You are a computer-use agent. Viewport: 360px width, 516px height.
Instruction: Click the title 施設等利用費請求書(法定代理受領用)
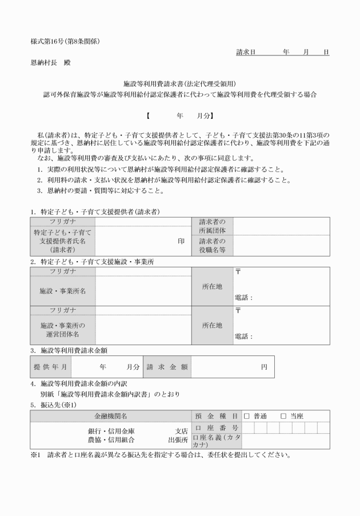click(180, 83)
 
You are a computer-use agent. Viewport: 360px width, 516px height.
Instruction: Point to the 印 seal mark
click(181, 241)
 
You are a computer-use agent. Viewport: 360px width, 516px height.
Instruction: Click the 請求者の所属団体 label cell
click(213, 226)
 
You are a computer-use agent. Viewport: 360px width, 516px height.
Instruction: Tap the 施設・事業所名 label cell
click(63, 291)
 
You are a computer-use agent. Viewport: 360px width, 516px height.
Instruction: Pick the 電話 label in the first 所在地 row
click(243, 298)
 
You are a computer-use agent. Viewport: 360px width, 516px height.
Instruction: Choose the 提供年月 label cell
click(51, 367)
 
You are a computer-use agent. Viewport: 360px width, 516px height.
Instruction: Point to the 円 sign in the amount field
click(264, 367)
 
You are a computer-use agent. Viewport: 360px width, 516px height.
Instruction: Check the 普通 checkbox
click(247, 416)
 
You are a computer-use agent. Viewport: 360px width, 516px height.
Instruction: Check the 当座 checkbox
click(283, 416)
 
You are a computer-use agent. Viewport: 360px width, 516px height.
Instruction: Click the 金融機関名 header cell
click(111, 416)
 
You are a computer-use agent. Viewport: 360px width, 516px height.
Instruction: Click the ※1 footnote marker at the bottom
click(37, 456)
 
